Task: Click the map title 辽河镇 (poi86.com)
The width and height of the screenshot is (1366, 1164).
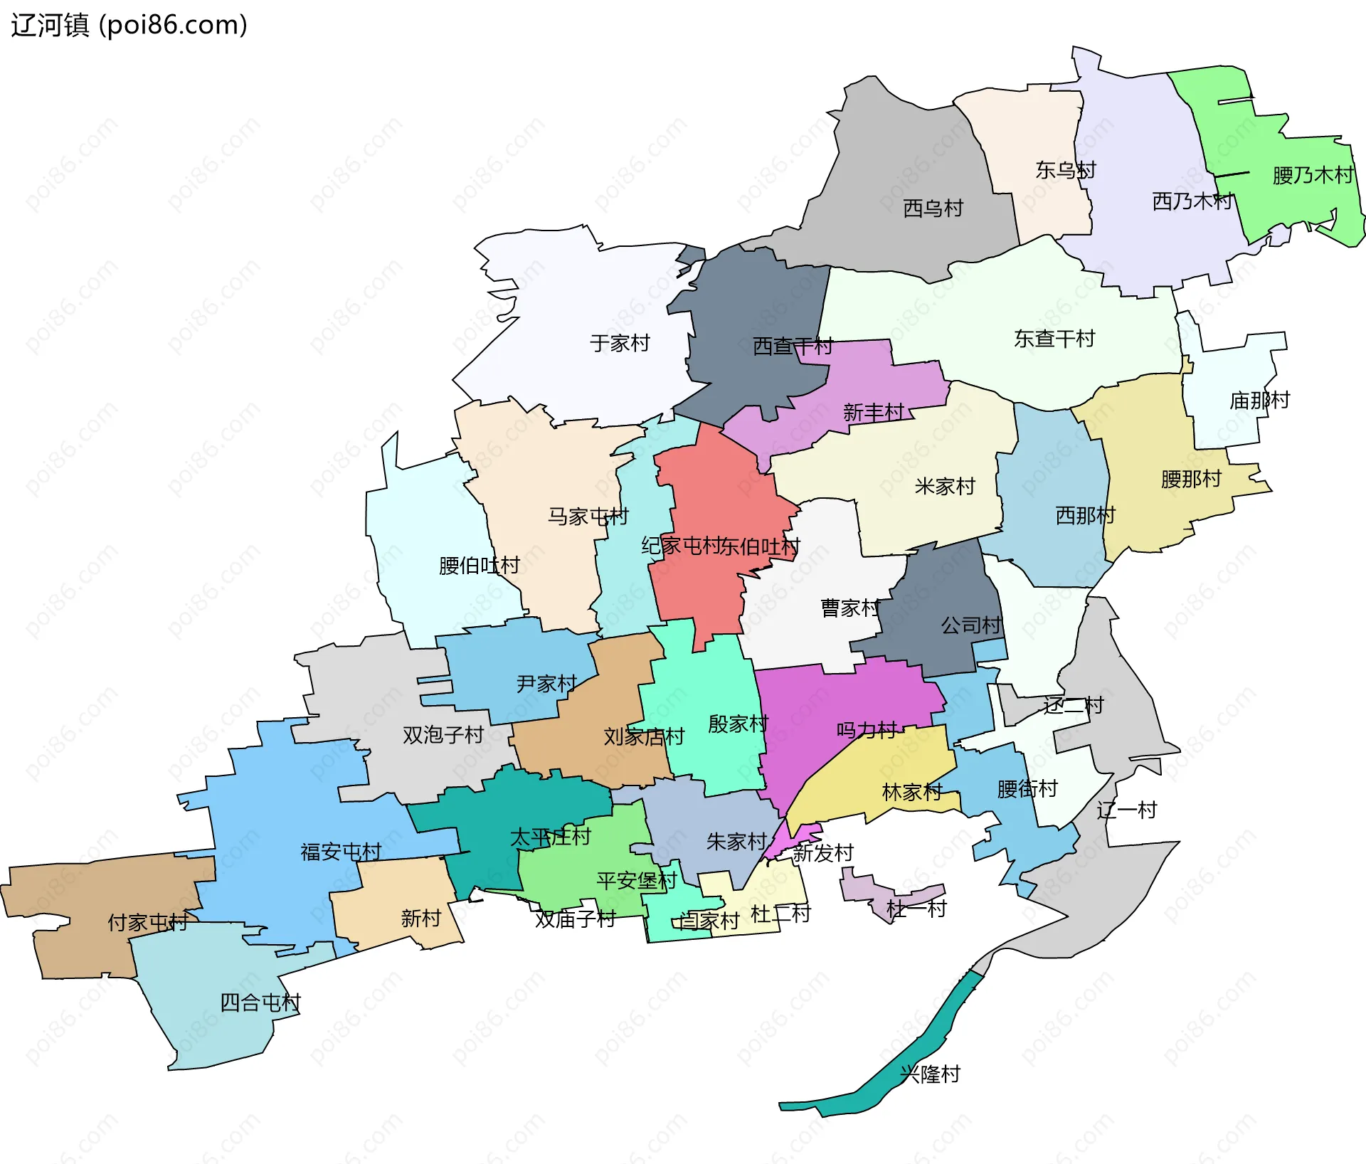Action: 129,25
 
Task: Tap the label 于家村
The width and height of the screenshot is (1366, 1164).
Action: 620,343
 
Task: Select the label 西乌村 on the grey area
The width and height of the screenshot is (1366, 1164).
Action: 933,208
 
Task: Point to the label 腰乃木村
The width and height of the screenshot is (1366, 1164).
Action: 1313,175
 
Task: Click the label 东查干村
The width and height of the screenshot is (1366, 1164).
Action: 1054,339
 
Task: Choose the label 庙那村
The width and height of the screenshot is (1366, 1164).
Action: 1259,401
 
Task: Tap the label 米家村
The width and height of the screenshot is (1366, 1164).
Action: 944,487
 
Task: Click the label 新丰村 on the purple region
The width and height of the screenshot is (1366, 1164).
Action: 873,412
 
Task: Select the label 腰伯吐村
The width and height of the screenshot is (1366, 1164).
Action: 479,566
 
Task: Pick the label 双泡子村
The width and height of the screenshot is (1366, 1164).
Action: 443,735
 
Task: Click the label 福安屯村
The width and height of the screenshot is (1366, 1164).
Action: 341,852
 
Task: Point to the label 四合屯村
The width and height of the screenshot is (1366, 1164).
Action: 260,1003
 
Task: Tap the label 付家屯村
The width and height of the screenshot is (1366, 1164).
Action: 147,923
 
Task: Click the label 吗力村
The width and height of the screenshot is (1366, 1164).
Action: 866,731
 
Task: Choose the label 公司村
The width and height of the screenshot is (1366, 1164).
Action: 970,625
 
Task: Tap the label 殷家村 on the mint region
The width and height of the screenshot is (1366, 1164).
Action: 738,724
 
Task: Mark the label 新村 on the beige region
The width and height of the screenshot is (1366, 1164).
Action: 420,919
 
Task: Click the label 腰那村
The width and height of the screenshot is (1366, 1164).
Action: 1191,479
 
